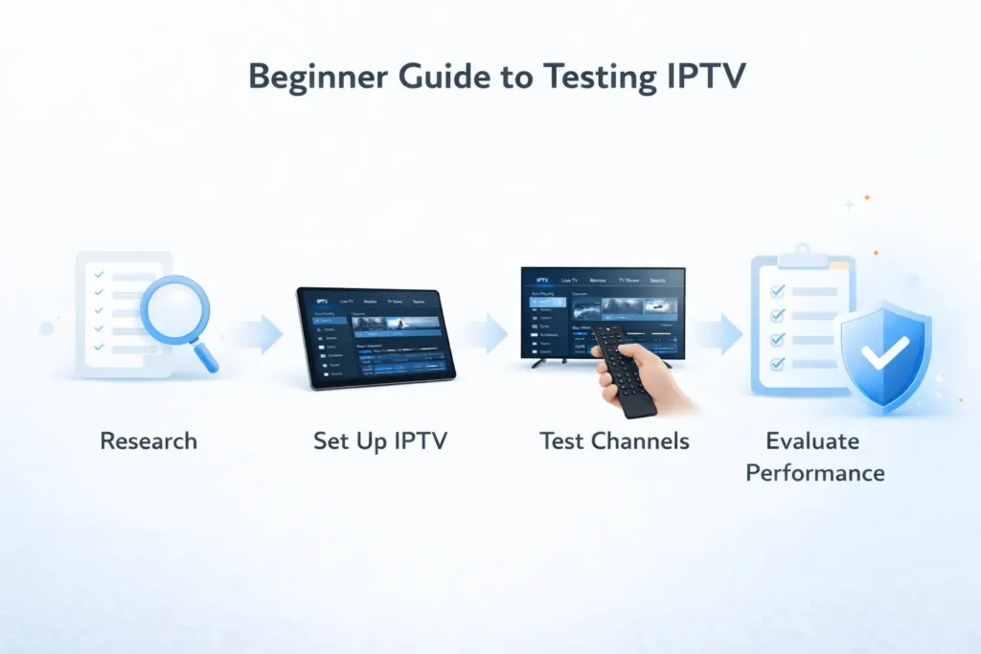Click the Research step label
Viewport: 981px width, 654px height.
[148, 441]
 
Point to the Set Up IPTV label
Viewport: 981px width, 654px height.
[379, 441]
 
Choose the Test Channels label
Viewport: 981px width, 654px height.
[614, 441]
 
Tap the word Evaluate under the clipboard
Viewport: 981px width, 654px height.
[812, 441]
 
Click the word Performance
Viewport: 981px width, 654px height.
[815, 473]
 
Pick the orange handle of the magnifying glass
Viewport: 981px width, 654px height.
[207, 358]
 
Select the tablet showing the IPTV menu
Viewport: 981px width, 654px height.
[375, 338]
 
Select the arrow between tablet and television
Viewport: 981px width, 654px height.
[492, 332]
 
